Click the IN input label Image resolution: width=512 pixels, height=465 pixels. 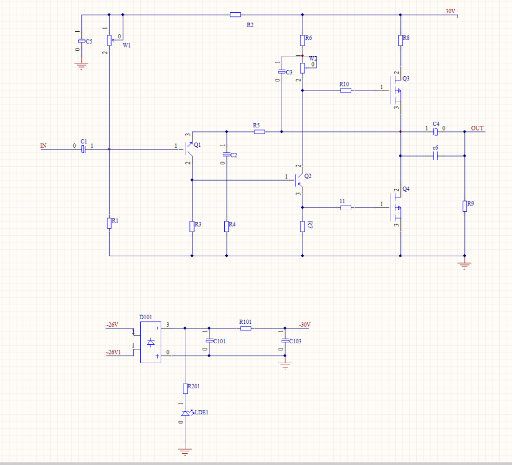pyautogui.click(x=44, y=146)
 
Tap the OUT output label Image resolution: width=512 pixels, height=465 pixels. pyautogui.click(x=477, y=128)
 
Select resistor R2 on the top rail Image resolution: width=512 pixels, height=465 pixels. pyautogui.click(x=235, y=15)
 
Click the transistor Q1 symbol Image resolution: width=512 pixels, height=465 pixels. pyautogui.click(x=188, y=149)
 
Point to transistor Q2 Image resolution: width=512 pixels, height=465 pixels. pyautogui.click(x=299, y=180)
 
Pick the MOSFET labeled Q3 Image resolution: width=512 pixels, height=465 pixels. pyautogui.click(x=396, y=91)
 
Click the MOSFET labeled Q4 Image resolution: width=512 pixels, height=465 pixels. pyautogui.click(x=396, y=208)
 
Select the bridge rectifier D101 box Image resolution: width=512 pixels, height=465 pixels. pyautogui.click(x=151, y=342)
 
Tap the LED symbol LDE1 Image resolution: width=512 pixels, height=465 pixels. pyautogui.click(x=186, y=413)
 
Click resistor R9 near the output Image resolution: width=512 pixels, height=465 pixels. pyautogui.click(x=465, y=206)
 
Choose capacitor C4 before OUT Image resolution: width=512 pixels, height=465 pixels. pyautogui.click(x=435, y=132)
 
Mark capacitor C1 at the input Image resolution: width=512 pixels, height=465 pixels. pyautogui.click(x=83, y=149)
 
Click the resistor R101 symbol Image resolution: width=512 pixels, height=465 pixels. pyautogui.click(x=246, y=328)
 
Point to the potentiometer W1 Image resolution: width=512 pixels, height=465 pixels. pyautogui.click(x=110, y=40)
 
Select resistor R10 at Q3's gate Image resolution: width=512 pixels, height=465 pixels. pyautogui.click(x=346, y=91)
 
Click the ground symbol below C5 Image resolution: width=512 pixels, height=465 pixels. pyautogui.click(x=81, y=66)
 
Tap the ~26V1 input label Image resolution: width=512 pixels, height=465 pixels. pyautogui.click(x=113, y=352)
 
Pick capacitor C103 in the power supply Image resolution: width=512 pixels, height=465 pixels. pyautogui.click(x=285, y=341)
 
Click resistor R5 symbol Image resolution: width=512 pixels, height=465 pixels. pyautogui.click(x=260, y=132)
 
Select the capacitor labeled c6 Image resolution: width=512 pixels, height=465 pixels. pyautogui.click(x=435, y=156)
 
